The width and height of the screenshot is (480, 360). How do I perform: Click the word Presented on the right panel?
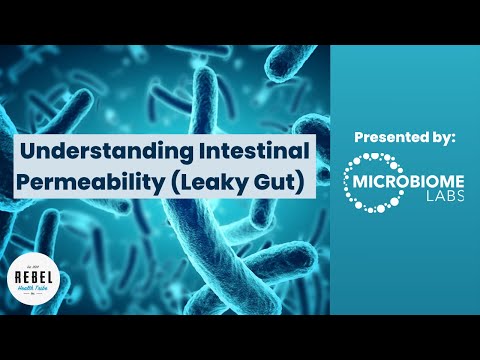(385, 137)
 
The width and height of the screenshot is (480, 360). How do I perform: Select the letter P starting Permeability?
(28, 185)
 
